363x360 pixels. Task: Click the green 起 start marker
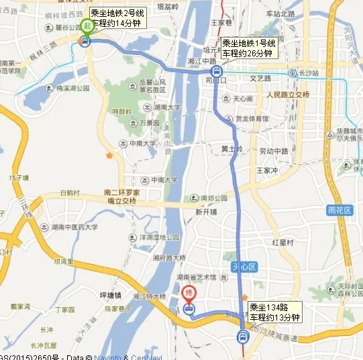pos(87,27)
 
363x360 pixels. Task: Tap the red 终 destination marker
pos(189,293)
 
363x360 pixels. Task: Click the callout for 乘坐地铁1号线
pos(247,47)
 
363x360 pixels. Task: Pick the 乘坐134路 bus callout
pos(274,312)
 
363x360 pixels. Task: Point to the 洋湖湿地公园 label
pos(159,237)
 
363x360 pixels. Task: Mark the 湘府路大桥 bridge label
pos(168,257)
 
